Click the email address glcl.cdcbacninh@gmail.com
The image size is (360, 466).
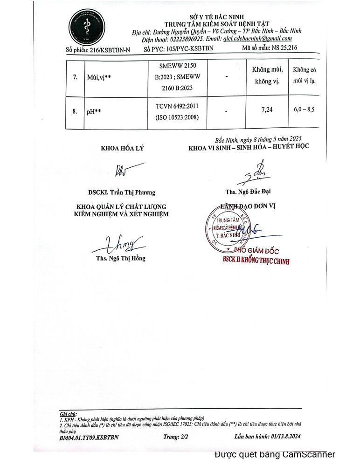(x=257, y=39)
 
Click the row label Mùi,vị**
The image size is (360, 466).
(x=98, y=77)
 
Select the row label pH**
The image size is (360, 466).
(x=95, y=112)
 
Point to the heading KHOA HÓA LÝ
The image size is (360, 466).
(x=123, y=149)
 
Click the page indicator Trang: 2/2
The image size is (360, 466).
(x=175, y=437)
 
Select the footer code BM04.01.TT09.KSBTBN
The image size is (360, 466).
(x=89, y=438)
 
